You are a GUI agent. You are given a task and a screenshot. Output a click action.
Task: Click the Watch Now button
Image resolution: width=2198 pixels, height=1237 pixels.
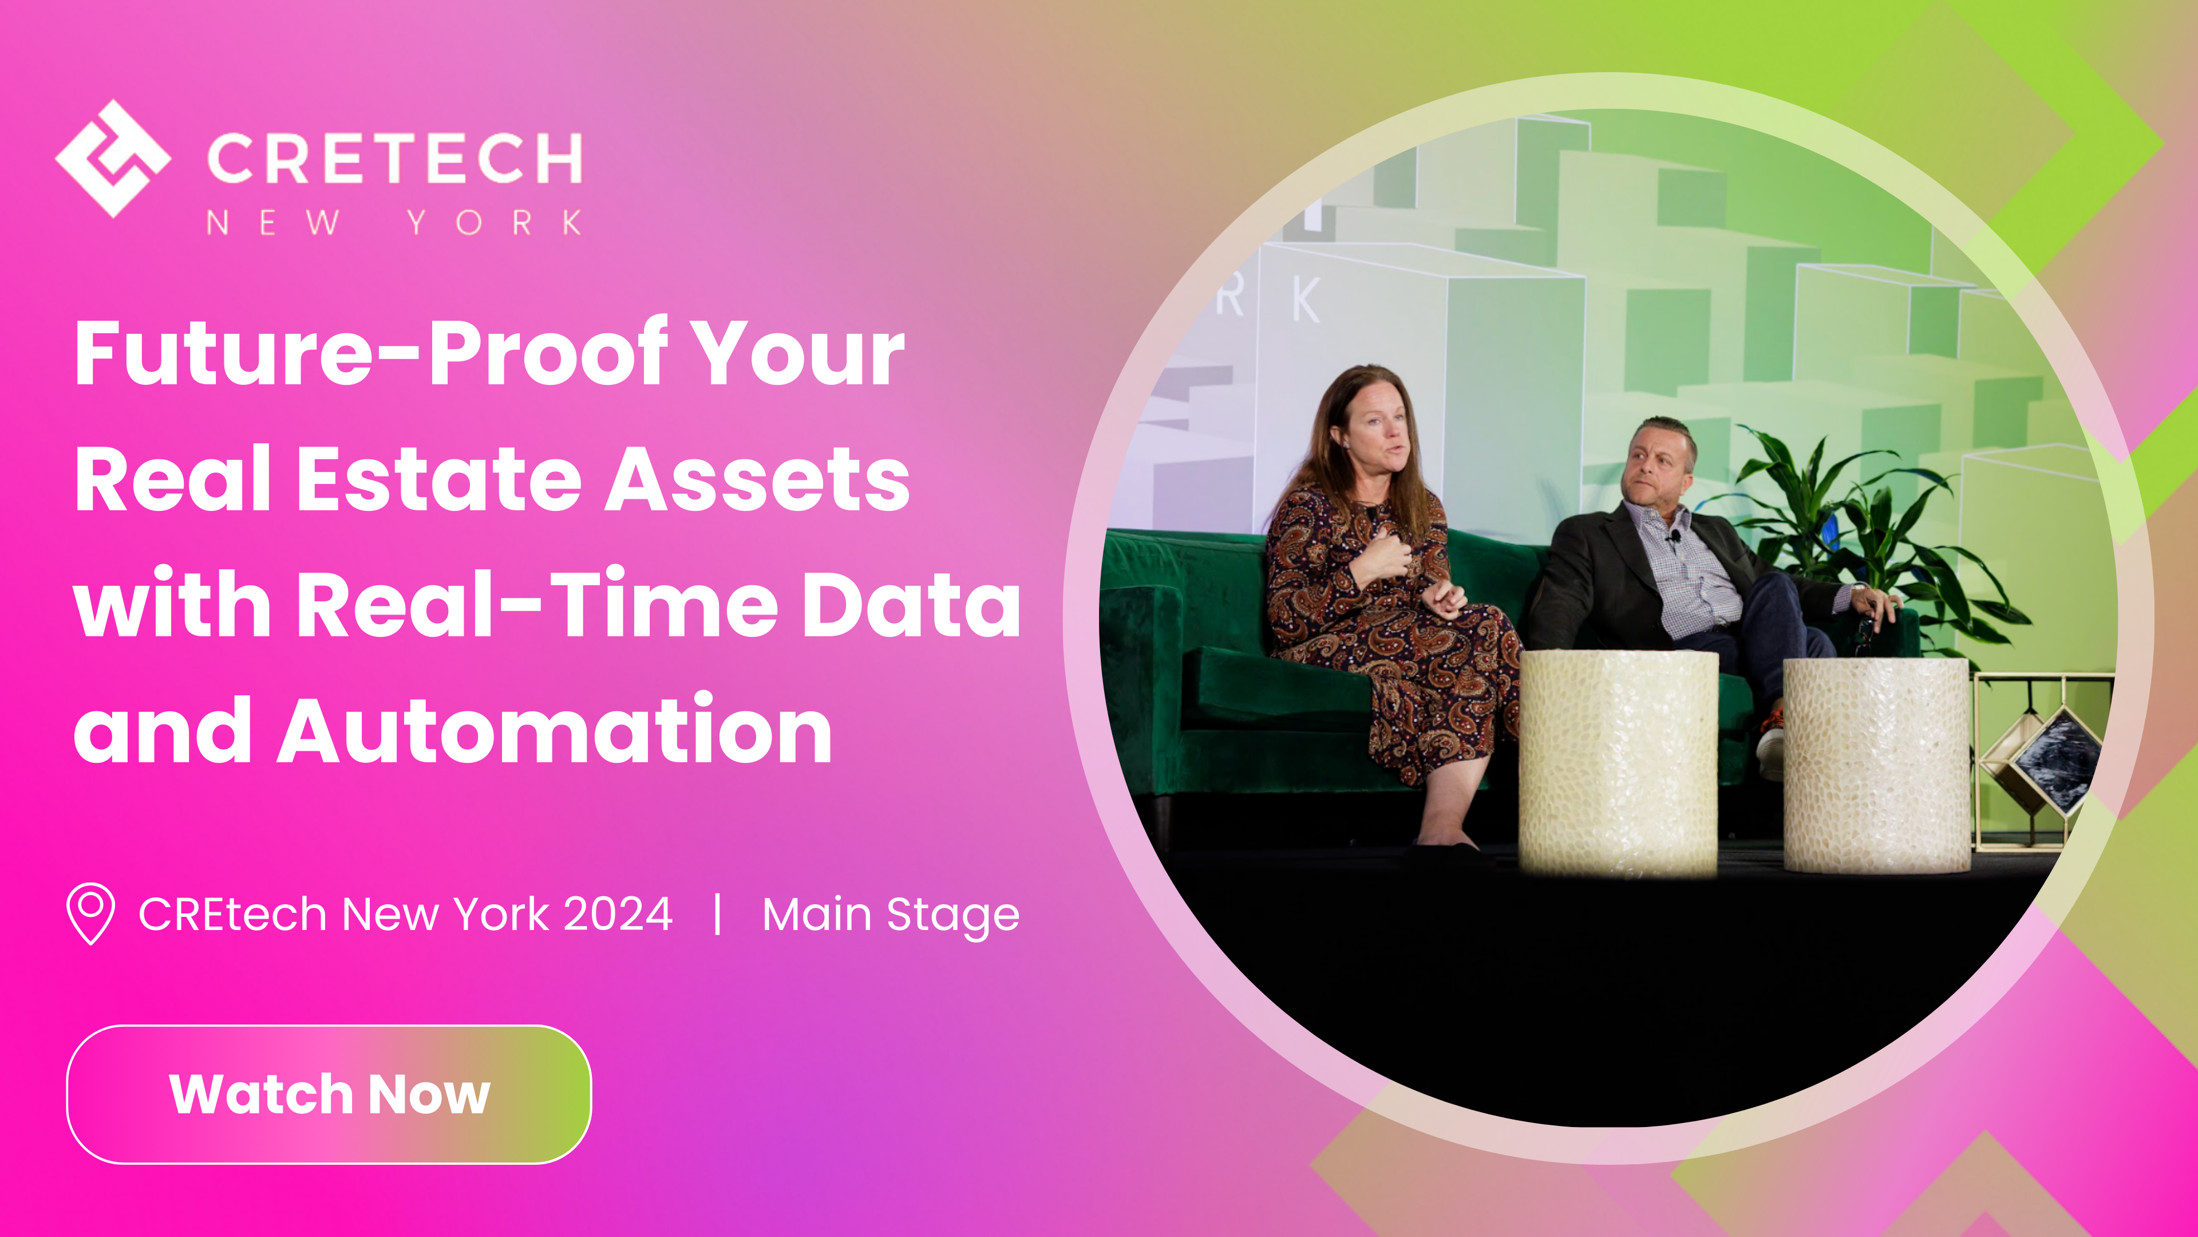[x=329, y=1094]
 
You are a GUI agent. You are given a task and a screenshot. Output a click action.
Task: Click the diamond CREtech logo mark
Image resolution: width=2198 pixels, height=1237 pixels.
[x=113, y=159]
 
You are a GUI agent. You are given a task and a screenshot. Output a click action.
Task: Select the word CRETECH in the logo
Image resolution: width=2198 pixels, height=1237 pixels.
[x=394, y=159]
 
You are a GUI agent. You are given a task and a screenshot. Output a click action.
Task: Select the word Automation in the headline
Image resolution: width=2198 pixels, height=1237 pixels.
[x=555, y=731]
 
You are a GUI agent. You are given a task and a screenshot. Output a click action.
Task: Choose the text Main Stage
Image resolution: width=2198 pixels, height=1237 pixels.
[x=890, y=915]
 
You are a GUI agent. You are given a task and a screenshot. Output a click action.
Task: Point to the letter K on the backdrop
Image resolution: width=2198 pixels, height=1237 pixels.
[x=1306, y=301]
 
